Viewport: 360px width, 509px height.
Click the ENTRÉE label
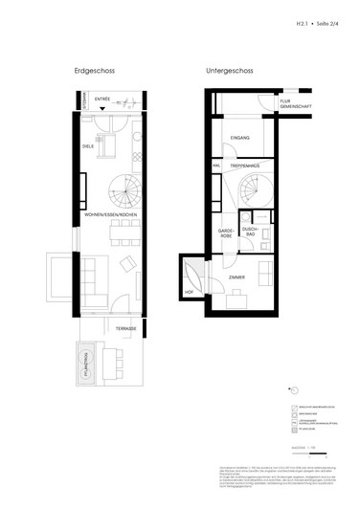[x=102, y=98]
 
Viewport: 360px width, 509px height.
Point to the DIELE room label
[x=87, y=146]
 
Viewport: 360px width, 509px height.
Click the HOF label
[x=190, y=293]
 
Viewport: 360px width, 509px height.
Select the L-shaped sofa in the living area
[x=95, y=278]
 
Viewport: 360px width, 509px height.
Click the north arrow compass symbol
[x=295, y=387]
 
